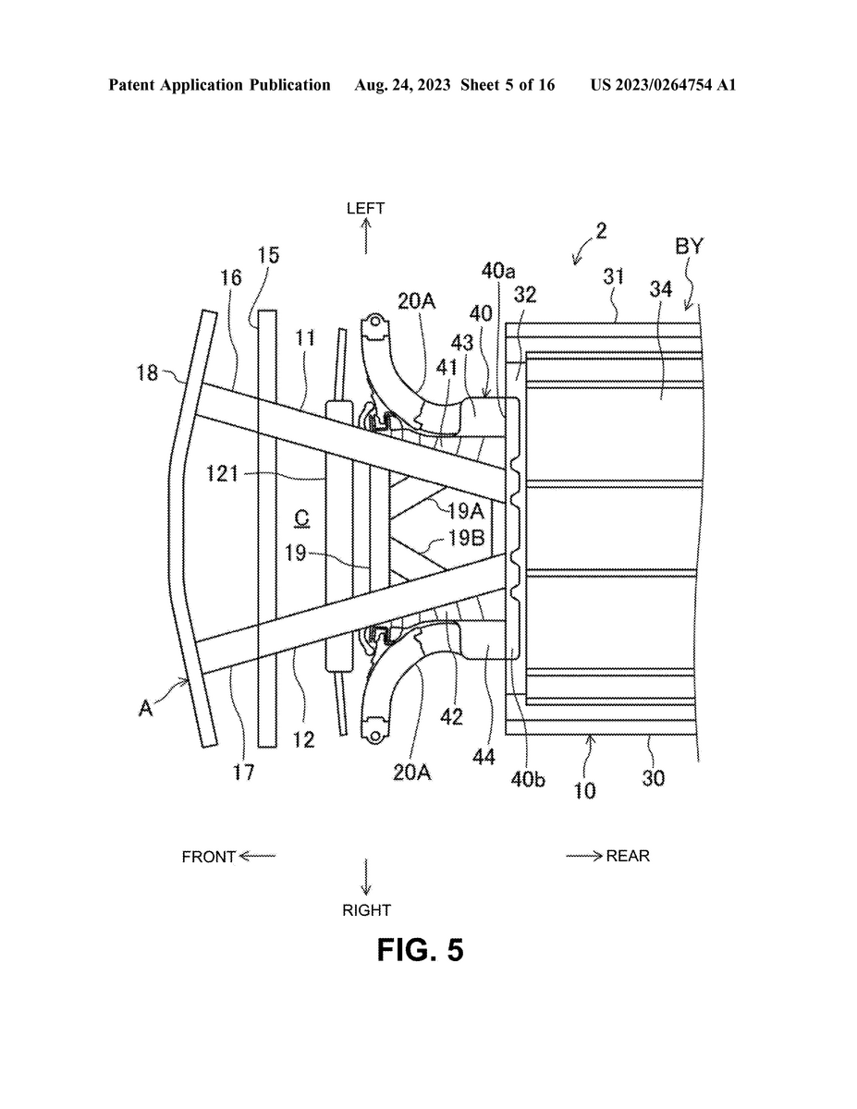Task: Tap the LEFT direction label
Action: coord(365,208)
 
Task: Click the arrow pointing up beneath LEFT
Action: coord(365,236)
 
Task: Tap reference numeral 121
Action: coord(222,474)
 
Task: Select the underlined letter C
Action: coord(302,519)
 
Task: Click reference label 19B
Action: coord(466,538)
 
